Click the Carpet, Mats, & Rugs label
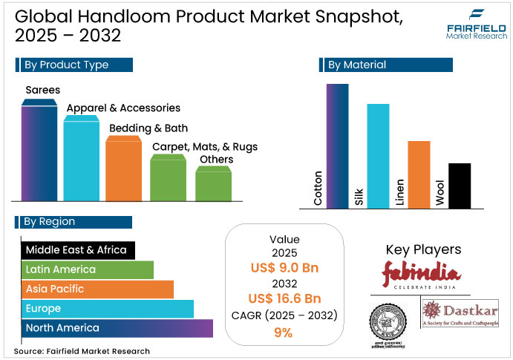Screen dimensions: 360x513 [205, 147]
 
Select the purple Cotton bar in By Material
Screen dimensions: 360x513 [337, 145]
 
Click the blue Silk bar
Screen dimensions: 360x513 [378, 156]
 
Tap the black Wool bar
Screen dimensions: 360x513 [460, 186]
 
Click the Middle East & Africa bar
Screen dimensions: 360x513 [77, 250]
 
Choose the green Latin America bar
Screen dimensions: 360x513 [87, 269]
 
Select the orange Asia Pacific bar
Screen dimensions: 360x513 [97, 289]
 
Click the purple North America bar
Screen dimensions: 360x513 [117, 328]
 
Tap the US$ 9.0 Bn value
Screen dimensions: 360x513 [284, 269]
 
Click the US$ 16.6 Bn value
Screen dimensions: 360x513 [284, 299]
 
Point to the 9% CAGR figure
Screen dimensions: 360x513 [284, 333]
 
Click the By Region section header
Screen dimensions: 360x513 [73, 222]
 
